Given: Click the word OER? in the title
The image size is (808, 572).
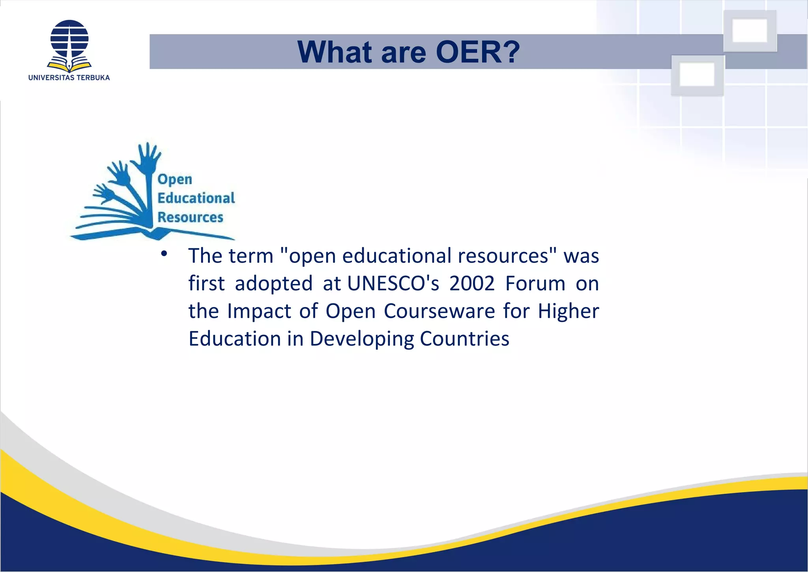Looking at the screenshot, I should pos(478,52).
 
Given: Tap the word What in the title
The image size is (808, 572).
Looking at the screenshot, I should pos(334,52).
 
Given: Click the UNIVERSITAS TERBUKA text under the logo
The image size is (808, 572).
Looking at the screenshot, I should pos(69,78).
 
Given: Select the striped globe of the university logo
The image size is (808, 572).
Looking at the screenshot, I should pos(69,39).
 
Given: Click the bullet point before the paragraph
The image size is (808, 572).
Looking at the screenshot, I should pos(164,254).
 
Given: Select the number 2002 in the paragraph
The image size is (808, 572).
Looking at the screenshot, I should pos(472,284).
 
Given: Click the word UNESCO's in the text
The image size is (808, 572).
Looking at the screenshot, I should pos(393,284).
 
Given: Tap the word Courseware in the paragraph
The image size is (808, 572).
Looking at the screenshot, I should pos(439,311).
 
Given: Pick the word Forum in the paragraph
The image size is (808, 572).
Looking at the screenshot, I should pos(535,284).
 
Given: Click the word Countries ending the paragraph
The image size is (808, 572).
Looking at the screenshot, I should pos(464,339).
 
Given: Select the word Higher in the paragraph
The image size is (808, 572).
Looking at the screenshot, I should pos(569,311).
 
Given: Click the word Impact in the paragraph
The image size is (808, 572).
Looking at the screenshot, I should pos(259,312).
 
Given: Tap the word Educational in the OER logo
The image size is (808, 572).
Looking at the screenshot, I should pos(196,198).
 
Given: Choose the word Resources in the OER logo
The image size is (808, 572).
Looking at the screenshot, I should pos(190,217).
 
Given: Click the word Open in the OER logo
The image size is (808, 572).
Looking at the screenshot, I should pos(175,179).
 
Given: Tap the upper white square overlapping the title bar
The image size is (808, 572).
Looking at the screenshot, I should pos(750,31).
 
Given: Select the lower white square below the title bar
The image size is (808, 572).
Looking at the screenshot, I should pos(697,75).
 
